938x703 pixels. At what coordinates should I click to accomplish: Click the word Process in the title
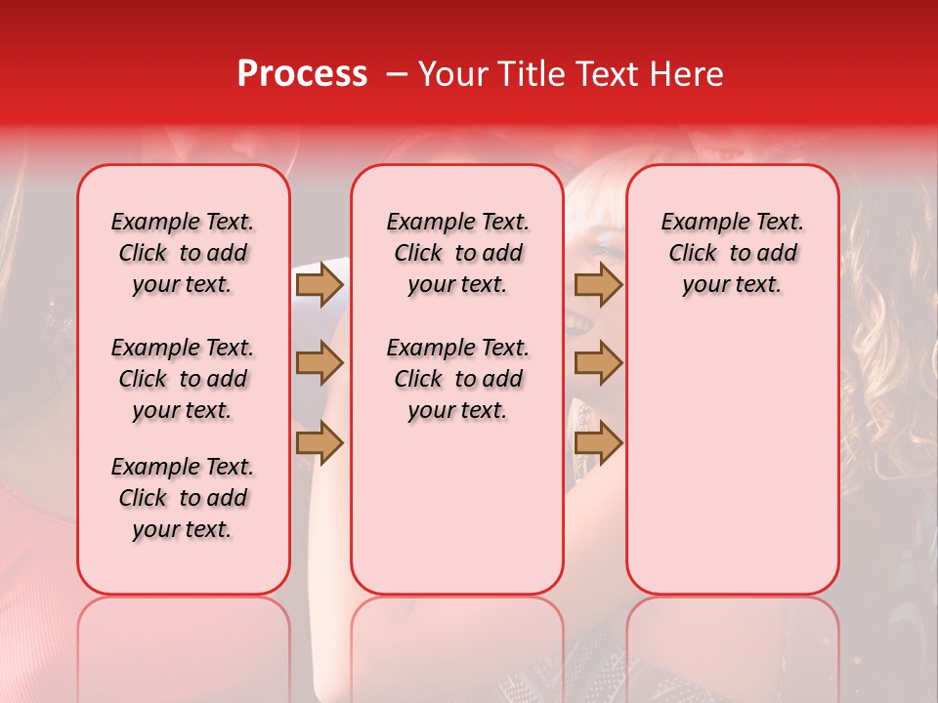click(302, 74)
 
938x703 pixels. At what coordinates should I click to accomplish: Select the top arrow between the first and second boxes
click(320, 285)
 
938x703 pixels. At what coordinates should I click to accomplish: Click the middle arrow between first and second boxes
click(320, 363)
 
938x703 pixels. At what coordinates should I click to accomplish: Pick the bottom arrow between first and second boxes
click(320, 441)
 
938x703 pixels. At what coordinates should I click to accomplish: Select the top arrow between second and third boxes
click(598, 285)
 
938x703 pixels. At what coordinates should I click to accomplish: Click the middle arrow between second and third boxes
click(598, 363)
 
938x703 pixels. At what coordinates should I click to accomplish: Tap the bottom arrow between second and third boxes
click(598, 441)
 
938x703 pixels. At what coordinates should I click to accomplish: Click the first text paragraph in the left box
click(183, 253)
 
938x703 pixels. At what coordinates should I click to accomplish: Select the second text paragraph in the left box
click(183, 379)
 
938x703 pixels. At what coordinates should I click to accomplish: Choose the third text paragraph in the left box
click(183, 498)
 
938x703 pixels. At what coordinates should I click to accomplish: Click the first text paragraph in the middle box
click(457, 253)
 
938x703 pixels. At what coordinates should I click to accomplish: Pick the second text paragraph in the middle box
click(457, 379)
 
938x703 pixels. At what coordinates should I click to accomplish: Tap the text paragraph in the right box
click(732, 253)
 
